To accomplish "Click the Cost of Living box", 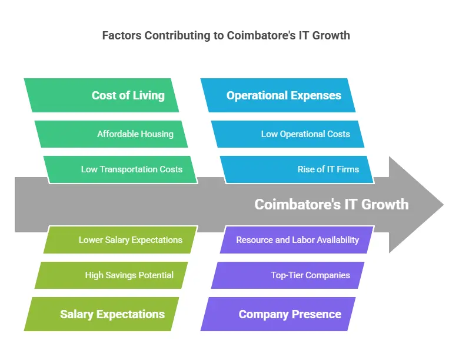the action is [101, 95].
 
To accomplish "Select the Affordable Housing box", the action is [111, 134].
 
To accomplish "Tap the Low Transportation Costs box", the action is [121, 169].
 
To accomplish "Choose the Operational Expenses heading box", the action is [278, 95].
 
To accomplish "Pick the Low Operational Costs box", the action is [288, 134].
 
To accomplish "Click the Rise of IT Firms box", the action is [297, 169].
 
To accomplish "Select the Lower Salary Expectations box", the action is [121, 240].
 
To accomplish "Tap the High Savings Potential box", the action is [111, 275].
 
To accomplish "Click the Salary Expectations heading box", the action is [101, 314].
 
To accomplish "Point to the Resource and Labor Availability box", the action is [297, 240].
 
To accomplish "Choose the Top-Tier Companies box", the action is [288, 275].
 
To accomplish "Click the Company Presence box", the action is [278, 314].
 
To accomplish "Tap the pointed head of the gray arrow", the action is [444, 205].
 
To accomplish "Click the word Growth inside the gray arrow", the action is [385, 204].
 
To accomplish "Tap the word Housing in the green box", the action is [157, 134].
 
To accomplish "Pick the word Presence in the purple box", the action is [317, 314].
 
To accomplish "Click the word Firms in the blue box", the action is [348, 169].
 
